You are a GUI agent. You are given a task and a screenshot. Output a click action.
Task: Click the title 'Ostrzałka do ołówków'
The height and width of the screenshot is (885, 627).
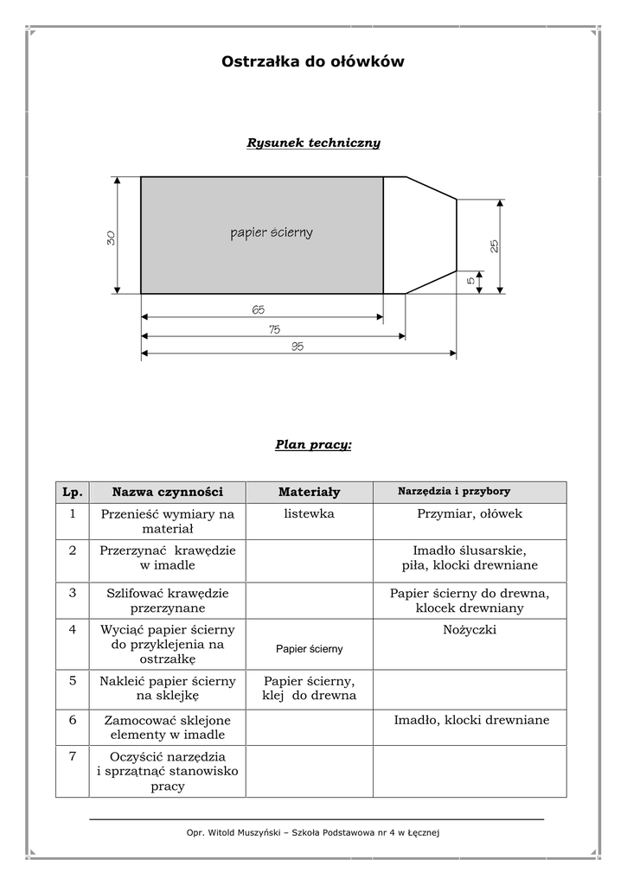[313, 62]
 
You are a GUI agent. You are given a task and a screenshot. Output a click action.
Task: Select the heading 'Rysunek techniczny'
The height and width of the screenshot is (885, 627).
[313, 143]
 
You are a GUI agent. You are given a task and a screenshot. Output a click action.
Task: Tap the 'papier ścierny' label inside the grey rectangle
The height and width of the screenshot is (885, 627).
[271, 232]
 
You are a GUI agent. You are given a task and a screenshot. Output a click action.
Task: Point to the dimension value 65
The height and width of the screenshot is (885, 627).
[259, 309]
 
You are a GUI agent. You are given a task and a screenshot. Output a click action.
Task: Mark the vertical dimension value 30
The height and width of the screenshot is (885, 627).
[111, 238]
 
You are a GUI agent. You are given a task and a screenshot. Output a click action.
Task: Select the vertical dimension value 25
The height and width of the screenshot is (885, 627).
[494, 245]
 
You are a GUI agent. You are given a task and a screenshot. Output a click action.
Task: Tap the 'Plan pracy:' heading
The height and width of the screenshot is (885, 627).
[313, 445]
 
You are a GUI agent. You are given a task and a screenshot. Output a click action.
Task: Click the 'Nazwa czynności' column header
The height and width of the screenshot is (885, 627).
[167, 492]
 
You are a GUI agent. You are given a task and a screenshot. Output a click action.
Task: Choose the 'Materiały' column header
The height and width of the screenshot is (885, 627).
[309, 492]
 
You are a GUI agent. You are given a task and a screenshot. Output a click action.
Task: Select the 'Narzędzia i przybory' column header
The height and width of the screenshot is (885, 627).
[453, 491]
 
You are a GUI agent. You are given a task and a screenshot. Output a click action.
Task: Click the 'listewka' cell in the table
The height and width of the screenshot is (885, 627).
[309, 513]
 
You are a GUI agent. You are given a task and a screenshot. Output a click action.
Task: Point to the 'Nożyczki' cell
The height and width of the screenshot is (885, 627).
[470, 630]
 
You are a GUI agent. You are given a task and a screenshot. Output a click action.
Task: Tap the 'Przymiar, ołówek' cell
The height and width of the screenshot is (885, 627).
[470, 513]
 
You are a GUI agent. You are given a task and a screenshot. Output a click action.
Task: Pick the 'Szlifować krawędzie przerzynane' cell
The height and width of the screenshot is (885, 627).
[167, 601]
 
